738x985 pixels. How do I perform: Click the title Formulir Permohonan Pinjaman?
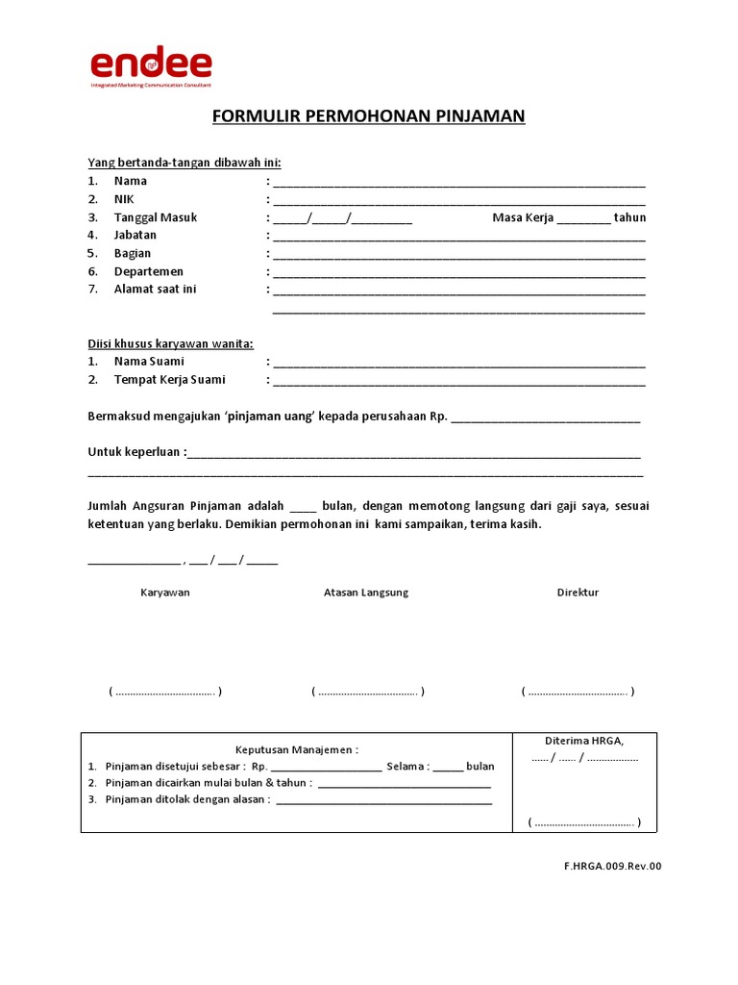(x=369, y=117)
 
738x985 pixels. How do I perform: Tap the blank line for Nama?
(x=458, y=183)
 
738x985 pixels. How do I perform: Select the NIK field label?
(x=124, y=199)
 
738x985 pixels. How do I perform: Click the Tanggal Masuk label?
(x=155, y=217)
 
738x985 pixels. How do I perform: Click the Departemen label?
(x=148, y=271)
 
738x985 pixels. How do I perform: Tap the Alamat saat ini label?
(x=155, y=290)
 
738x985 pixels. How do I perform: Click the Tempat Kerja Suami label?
(x=169, y=380)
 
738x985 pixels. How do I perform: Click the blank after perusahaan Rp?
(x=545, y=419)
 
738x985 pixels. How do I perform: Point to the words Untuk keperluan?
(x=135, y=451)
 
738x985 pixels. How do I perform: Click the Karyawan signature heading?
(x=165, y=593)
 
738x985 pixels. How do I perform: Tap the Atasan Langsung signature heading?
(x=366, y=593)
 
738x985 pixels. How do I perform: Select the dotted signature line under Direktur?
(x=578, y=692)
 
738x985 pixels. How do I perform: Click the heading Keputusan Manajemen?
(x=297, y=749)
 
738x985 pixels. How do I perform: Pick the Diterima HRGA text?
(x=584, y=741)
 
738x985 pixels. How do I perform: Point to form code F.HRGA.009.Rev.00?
(x=613, y=866)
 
